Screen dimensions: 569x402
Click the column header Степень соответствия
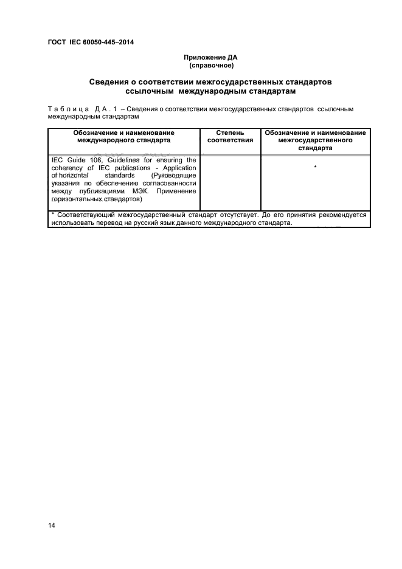point(230,136)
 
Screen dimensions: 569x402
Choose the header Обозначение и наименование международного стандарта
point(123,136)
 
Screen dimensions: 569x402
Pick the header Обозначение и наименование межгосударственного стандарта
point(316,140)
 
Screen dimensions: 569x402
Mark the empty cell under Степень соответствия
point(230,182)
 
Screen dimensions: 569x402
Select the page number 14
point(52,525)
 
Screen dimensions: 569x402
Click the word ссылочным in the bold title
point(141,91)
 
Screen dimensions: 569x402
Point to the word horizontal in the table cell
point(75,176)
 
